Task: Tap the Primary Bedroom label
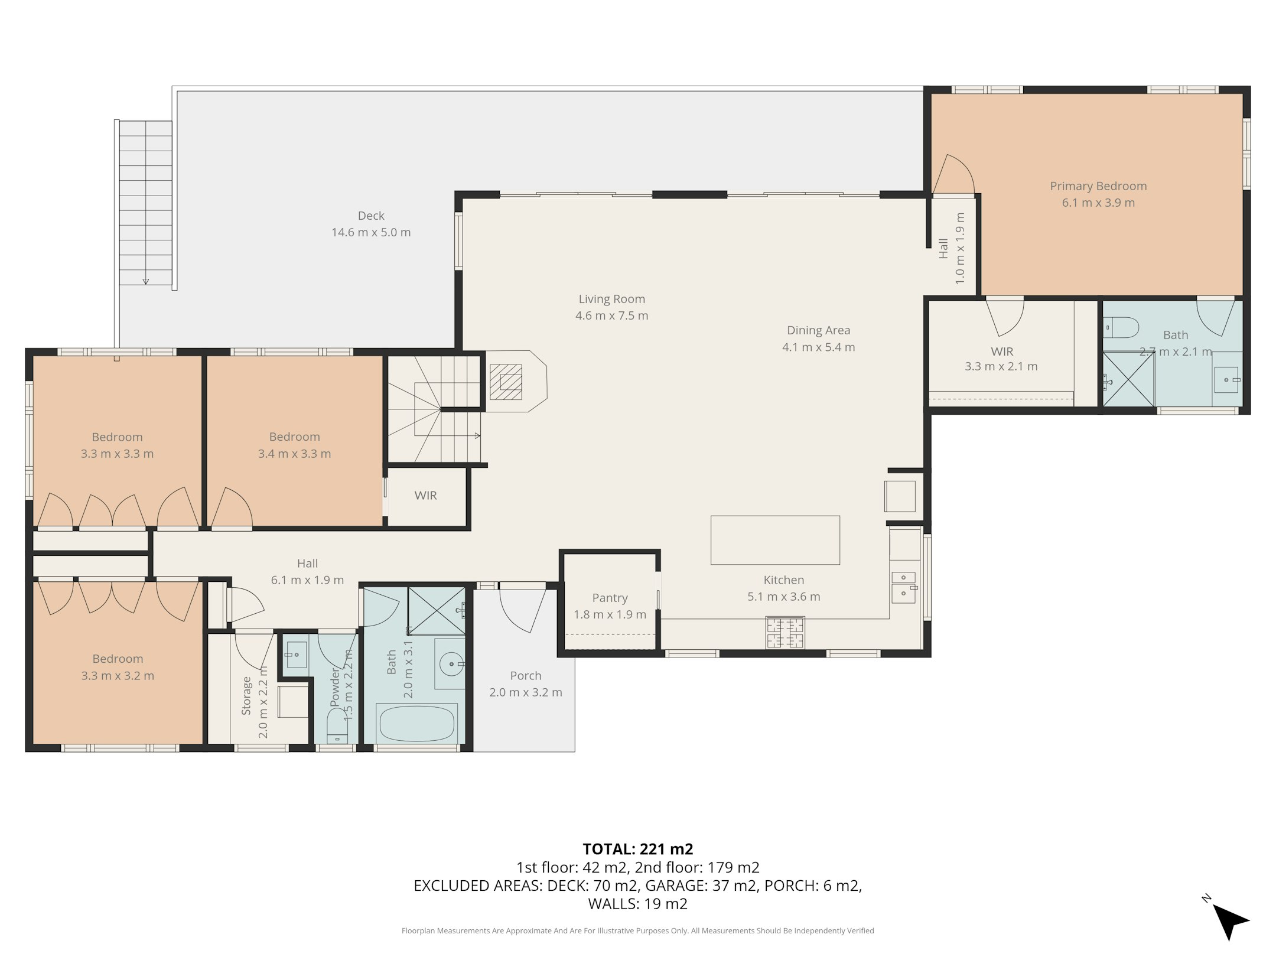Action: pyautogui.click(x=1098, y=186)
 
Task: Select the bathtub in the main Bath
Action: pyautogui.click(x=417, y=724)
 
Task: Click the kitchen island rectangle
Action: pyautogui.click(x=775, y=540)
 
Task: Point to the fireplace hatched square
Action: pyautogui.click(x=506, y=382)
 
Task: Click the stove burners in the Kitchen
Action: pyautogui.click(x=785, y=632)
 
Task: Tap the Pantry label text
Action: pyautogui.click(x=610, y=598)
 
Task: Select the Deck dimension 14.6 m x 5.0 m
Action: pyautogui.click(x=371, y=232)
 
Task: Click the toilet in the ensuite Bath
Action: pyautogui.click(x=1121, y=327)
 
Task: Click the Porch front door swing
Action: pyautogui.click(x=523, y=608)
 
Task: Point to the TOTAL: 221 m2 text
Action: pyautogui.click(x=638, y=849)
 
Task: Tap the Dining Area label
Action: pyautogui.click(x=818, y=330)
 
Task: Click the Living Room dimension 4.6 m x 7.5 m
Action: pyautogui.click(x=611, y=315)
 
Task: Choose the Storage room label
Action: pyautogui.click(x=246, y=696)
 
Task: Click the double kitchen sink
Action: pyautogui.click(x=903, y=587)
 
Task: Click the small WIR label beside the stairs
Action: pyautogui.click(x=425, y=496)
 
